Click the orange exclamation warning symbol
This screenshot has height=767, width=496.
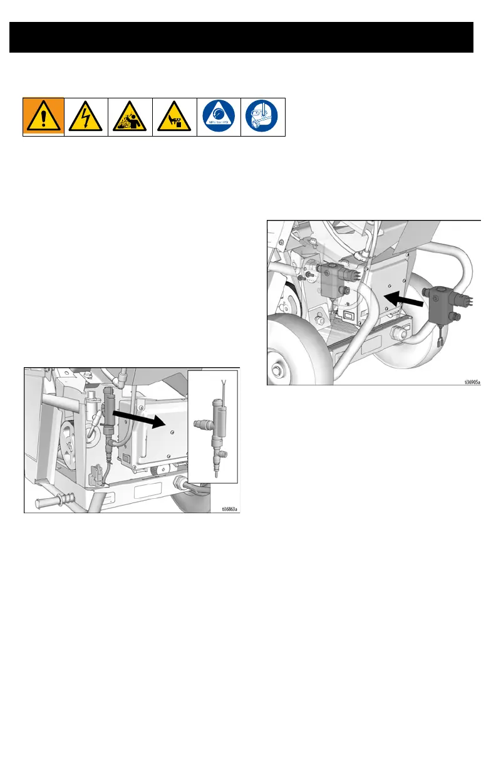[43, 117]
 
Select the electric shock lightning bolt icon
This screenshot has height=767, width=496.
[86, 117]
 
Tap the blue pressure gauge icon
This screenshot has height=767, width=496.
[219, 117]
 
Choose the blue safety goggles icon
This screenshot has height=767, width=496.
[262, 117]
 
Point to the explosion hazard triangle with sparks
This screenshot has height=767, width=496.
[130, 117]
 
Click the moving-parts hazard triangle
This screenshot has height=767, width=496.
[174, 117]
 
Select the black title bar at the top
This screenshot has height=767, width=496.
[241, 38]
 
